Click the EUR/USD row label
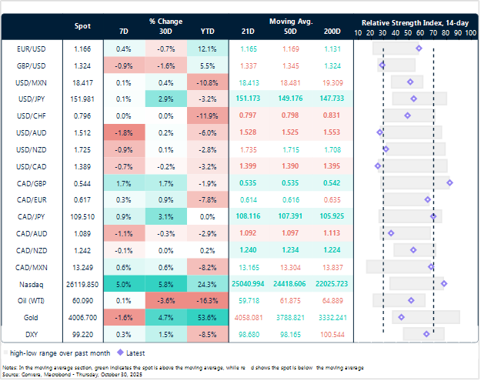pyautogui.click(x=29, y=48)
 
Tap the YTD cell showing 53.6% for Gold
pyautogui.click(x=207, y=316)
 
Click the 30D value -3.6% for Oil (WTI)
pyautogui.click(x=165, y=299)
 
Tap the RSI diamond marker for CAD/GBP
pyautogui.click(x=450, y=182)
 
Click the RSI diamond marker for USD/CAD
pyautogui.click(x=378, y=165)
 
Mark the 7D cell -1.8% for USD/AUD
pyautogui.click(x=125, y=132)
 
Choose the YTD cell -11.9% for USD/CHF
pyautogui.click(x=207, y=115)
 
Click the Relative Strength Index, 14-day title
pyautogui.click(x=416, y=22)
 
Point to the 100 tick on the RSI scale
pyautogui.click(x=469, y=34)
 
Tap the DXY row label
pyautogui.click(x=29, y=333)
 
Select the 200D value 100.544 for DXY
pyautogui.click(x=332, y=333)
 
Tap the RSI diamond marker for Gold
pyautogui.click(x=401, y=316)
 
